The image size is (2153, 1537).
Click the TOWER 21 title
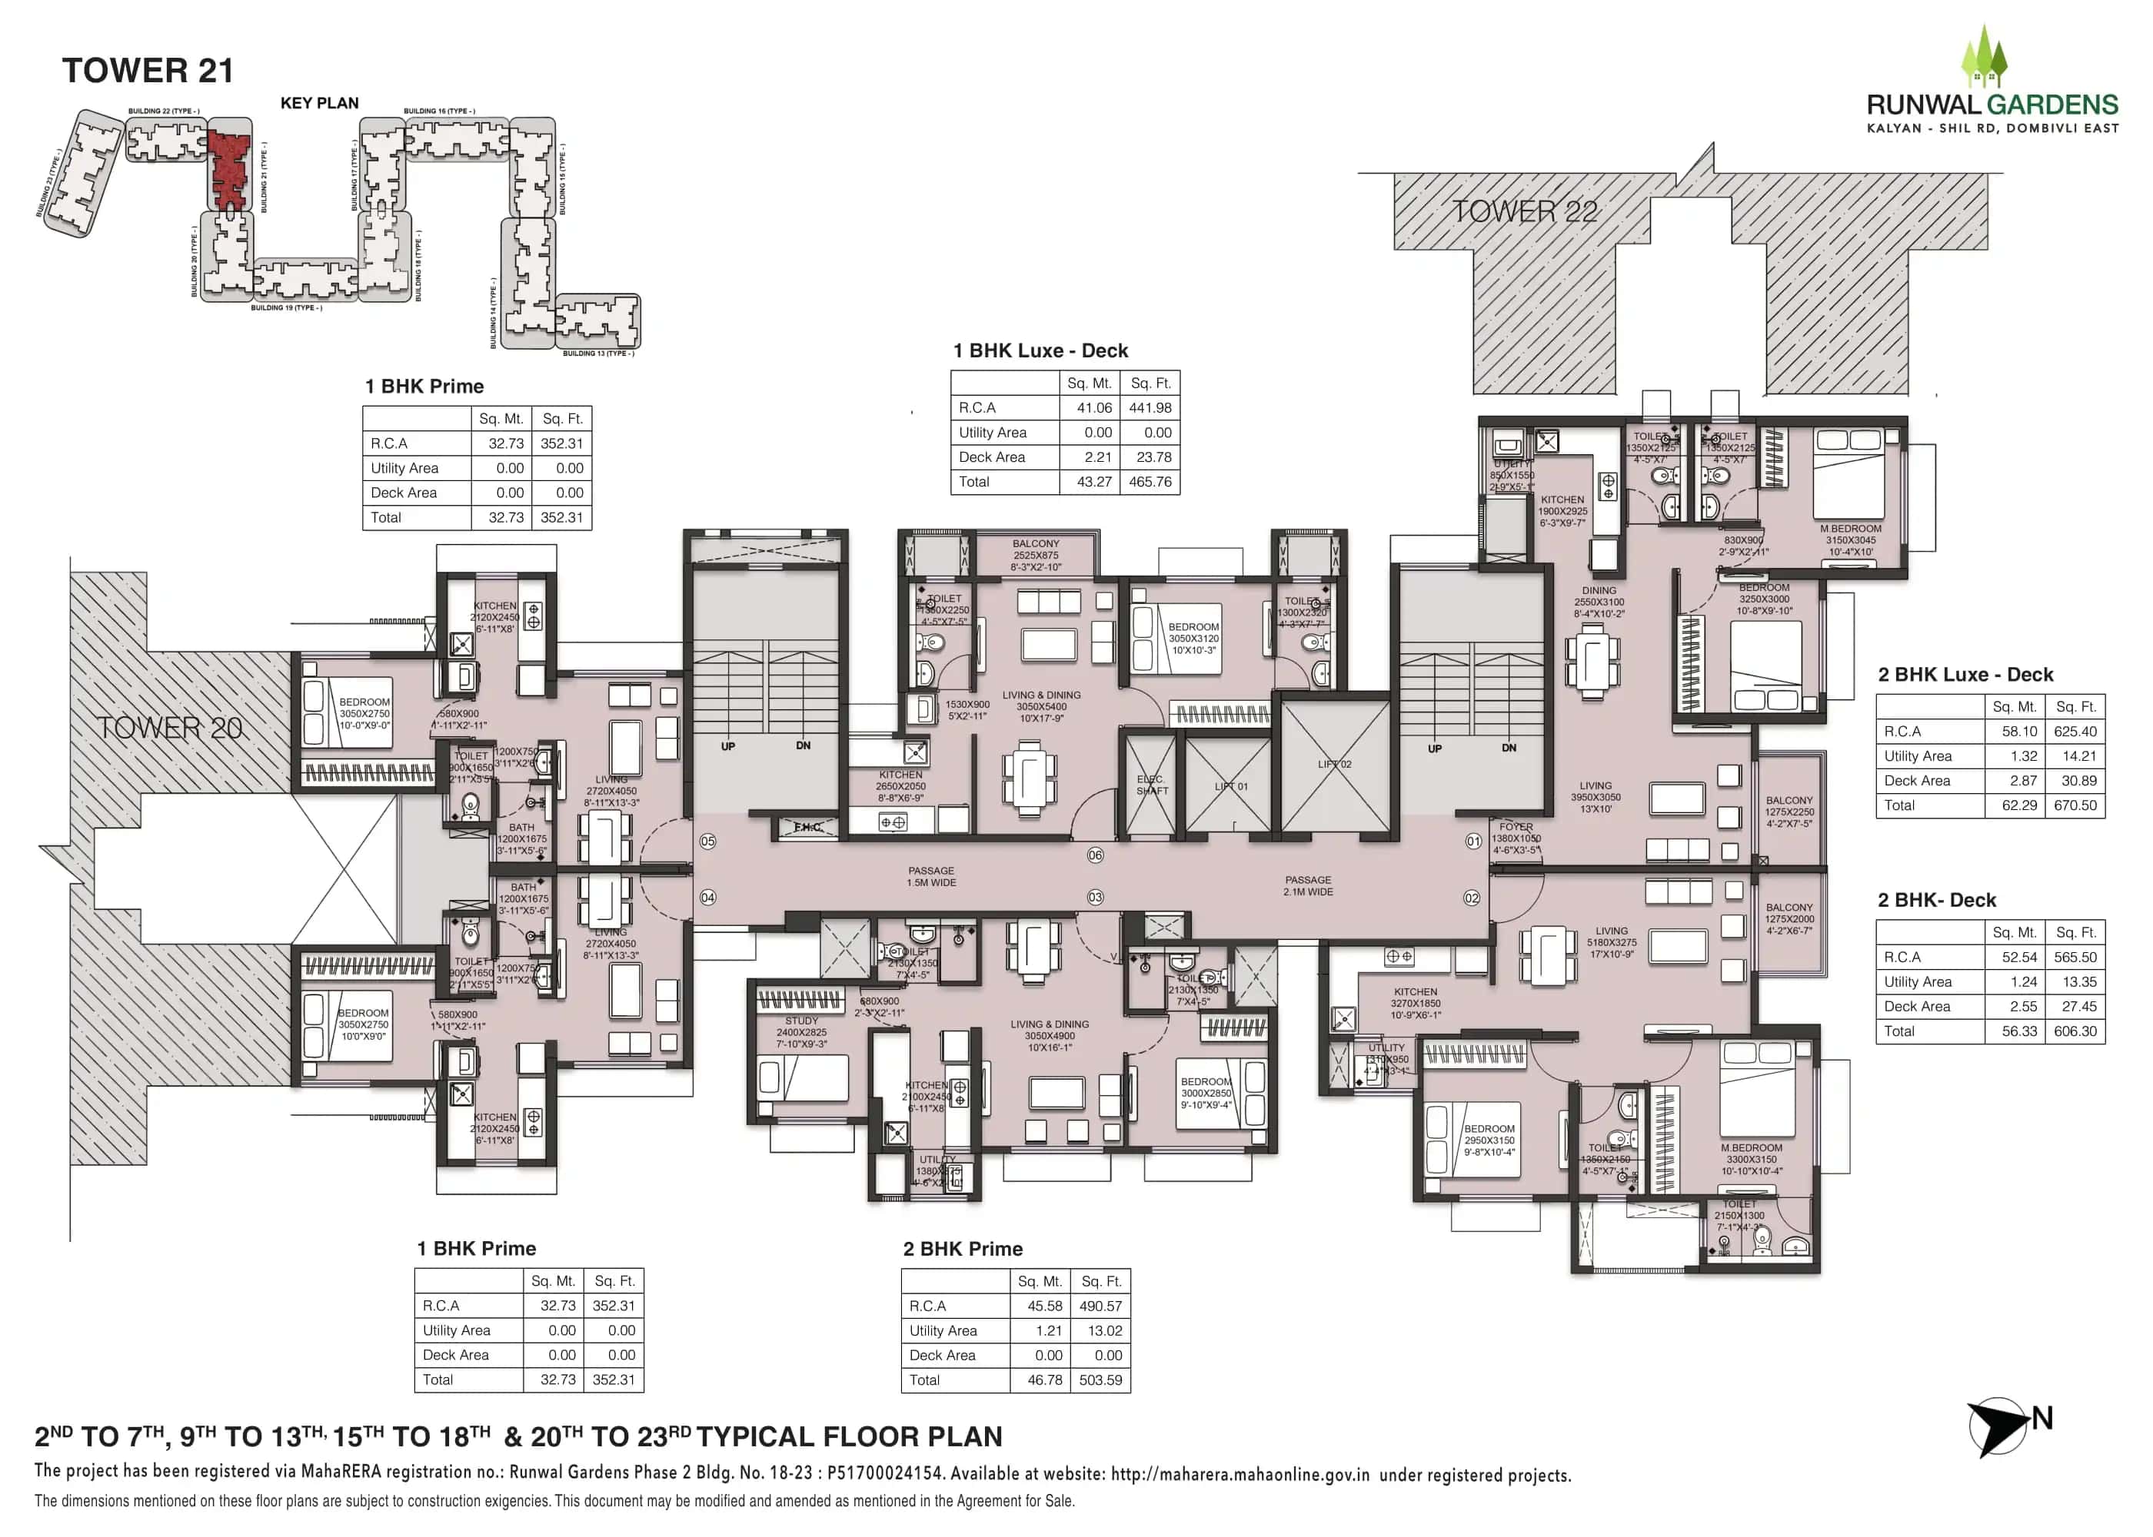pos(148,71)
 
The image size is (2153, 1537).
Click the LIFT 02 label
pos(1334,764)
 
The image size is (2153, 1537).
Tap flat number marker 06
pos(1096,855)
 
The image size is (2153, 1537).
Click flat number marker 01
pos(1474,842)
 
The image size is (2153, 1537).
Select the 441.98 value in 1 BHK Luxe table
pos(1150,408)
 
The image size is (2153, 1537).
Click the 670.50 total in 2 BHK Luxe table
pos(2075,805)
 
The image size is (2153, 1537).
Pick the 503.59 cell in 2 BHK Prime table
pos(1100,1380)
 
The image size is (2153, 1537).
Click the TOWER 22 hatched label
pos(1524,212)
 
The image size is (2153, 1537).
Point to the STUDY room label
pos(801,1021)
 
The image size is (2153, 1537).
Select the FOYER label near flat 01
pos(1516,827)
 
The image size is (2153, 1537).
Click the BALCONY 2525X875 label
pos(1036,556)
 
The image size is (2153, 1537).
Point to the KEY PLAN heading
pos(319,103)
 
